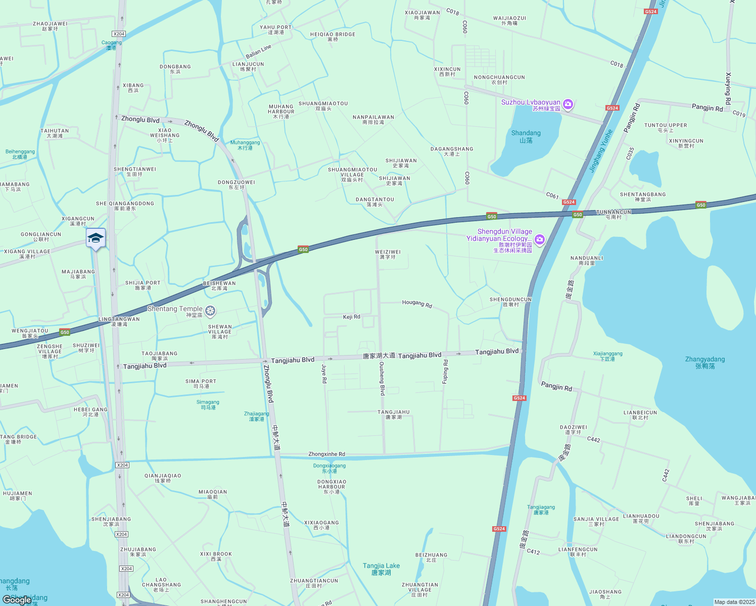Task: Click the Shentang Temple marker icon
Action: click(x=210, y=310)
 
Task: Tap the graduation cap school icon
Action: click(x=96, y=238)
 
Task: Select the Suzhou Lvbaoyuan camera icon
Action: click(x=568, y=104)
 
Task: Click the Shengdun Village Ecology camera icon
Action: click(x=540, y=239)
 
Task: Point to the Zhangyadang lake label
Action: click(x=705, y=362)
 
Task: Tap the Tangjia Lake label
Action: click(x=381, y=569)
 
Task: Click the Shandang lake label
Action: click(x=526, y=136)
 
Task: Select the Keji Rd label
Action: click(x=352, y=317)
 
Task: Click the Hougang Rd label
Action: click(x=417, y=304)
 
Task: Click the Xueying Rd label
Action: click(x=728, y=89)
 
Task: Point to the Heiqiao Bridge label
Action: click(x=333, y=36)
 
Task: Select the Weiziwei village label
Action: click(x=388, y=254)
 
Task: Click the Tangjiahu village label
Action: click(x=394, y=415)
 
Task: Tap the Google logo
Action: click(x=17, y=599)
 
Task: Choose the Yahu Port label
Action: click(x=275, y=30)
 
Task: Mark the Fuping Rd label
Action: click(x=445, y=372)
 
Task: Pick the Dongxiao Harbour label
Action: click(x=332, y=487)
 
